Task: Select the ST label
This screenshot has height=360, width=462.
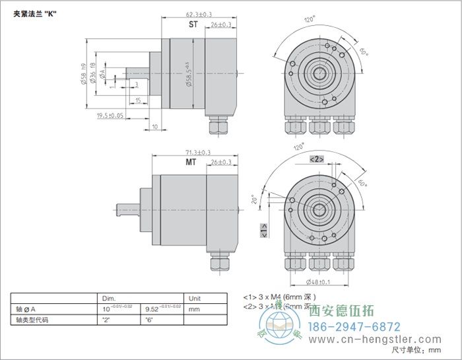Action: (x=193, y=24)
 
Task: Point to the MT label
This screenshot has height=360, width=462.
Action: (x=191, y=162)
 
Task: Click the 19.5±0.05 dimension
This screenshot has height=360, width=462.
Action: (x=111, y=116)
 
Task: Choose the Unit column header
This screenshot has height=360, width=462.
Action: (x=196, y=298)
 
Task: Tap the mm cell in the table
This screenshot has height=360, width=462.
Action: (x=194, y=308)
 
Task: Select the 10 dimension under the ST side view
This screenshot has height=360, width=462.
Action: (x=154, y=126)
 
